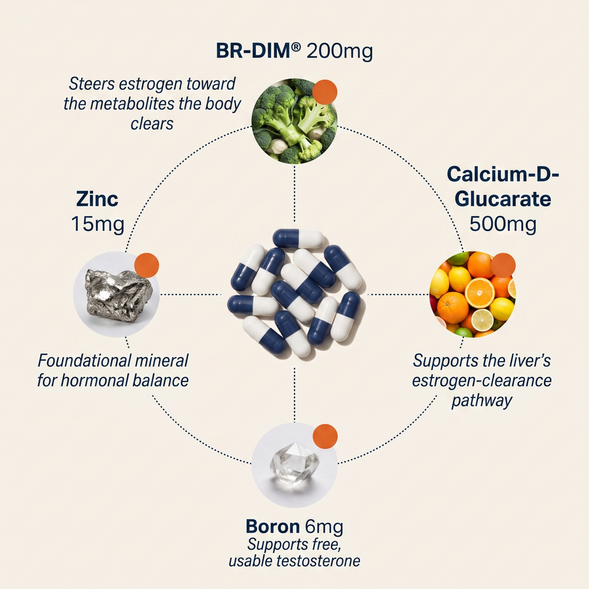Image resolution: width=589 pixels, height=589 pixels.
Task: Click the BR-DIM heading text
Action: click(x=254, y=50)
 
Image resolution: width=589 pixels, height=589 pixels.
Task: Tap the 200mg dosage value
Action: click(x=340, y=52)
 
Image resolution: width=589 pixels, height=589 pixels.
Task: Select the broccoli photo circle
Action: click(x=294, y=121)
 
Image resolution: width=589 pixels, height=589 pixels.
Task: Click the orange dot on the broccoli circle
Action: click(x=325, y=92)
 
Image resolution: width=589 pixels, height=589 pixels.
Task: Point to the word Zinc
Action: click(x=98, y=199)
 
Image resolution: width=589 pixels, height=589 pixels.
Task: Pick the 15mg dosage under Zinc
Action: click(x=98, y=224)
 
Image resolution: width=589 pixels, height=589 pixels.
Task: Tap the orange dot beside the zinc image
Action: click(x=147, y=265)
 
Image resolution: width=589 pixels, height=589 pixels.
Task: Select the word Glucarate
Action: click(x=503, y=199)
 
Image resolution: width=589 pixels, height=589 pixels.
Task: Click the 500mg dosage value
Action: click(x=503, y=224)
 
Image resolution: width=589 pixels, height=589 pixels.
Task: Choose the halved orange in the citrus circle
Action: click(x=480, y=293)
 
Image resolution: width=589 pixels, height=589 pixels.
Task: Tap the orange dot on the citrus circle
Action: click(x=503, y=265)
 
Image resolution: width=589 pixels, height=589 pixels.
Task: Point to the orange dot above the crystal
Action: click(x=325, y=436)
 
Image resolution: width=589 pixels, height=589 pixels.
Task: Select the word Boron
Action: click(x=273, y=526)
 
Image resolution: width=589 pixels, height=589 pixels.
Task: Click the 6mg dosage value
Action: click(x=324, y=527)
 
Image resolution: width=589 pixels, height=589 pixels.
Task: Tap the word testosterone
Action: click(x=318, y=561)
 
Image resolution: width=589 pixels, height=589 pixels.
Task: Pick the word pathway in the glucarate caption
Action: click(x=482, y=401)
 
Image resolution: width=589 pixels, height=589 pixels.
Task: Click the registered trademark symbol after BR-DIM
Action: click(x=296, y=47)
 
